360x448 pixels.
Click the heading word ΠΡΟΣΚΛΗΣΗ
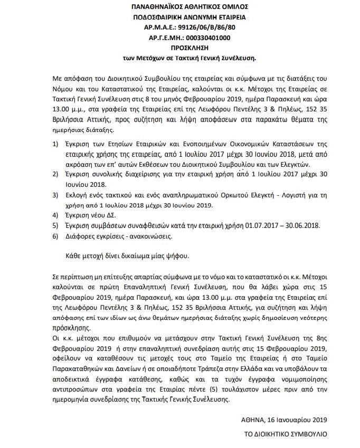179,47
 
